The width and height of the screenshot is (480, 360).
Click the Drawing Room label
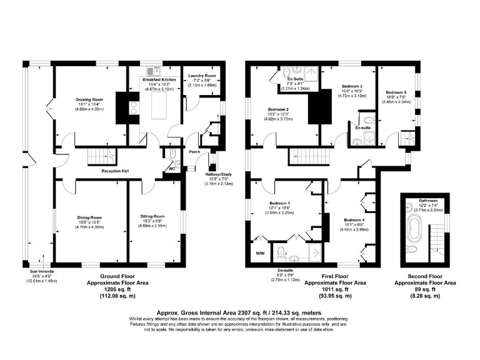(89, 99)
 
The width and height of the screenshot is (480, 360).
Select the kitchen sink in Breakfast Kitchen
(151, 70)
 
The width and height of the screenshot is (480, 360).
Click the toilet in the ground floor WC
(177, 164)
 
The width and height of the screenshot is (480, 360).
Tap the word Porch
(194, 151)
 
